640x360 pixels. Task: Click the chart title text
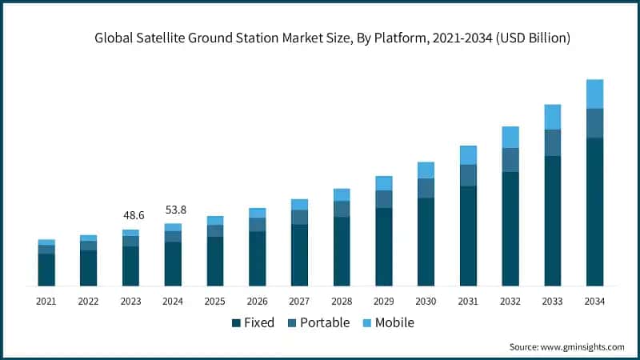pyautogui.click(x=332, y=38)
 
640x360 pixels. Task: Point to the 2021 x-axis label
pyautogui.click(x=46, y=302)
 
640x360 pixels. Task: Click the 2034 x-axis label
pyautogui.click(x=594, y=302)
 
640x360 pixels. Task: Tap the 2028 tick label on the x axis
pyautogui.click(x=342, y=302)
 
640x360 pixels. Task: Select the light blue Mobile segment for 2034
pyautogui.click(x=594, y=94)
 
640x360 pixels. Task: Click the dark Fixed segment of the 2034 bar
pyautogui.click(x=594, y=212)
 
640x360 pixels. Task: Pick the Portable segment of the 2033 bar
pyautogui.click(x=552, y=142)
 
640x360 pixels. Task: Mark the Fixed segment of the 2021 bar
pyautogui.click(x=46, y=270)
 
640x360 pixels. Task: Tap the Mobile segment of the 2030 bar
pyautogui.click(x=426, y=170)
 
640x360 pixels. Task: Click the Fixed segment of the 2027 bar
pyautogui.click(x=299, y=254)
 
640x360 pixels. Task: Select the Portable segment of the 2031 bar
pyautogui.click(x=468, y=175)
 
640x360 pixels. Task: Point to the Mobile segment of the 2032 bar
pyautogui.click(x=510, y=137)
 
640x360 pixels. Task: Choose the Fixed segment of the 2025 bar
pyautogui.click(x=215, y=261)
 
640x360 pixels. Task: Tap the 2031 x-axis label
pyautogui.click(x=468, y=302)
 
